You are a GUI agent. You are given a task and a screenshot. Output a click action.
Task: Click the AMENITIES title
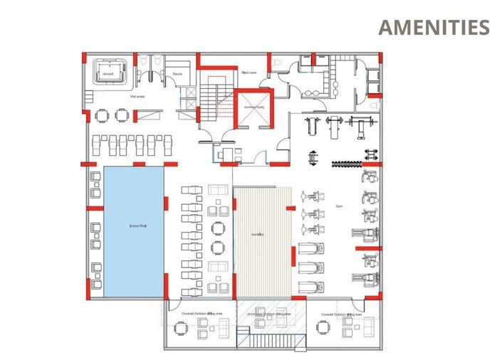pyautogui.click(x=433, y=28)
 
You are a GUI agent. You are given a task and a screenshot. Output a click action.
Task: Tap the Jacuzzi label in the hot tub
pyautogui.click(x=108, y=73)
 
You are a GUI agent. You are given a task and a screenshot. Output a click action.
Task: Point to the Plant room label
pyautogui.click(x=249, y=73)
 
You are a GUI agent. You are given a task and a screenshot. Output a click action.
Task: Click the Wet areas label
pyautogui.click(x=137, y=95)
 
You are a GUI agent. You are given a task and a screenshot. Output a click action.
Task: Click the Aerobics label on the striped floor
pyautogui.click(x=259, y=234)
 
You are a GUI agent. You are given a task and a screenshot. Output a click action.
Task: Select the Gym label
pyautogui.click(x=339, y=206)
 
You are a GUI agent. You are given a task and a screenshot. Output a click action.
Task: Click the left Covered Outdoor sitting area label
pyautogui.click(x=202, y=313)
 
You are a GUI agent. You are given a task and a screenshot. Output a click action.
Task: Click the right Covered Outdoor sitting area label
pyautogui.click(x=341, y=313)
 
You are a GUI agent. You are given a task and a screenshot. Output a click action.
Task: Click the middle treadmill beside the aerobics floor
pyautogui.click(x=312, y=268)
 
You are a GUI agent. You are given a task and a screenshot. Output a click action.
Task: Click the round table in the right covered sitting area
pyautogui.click(x=325, y=327)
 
